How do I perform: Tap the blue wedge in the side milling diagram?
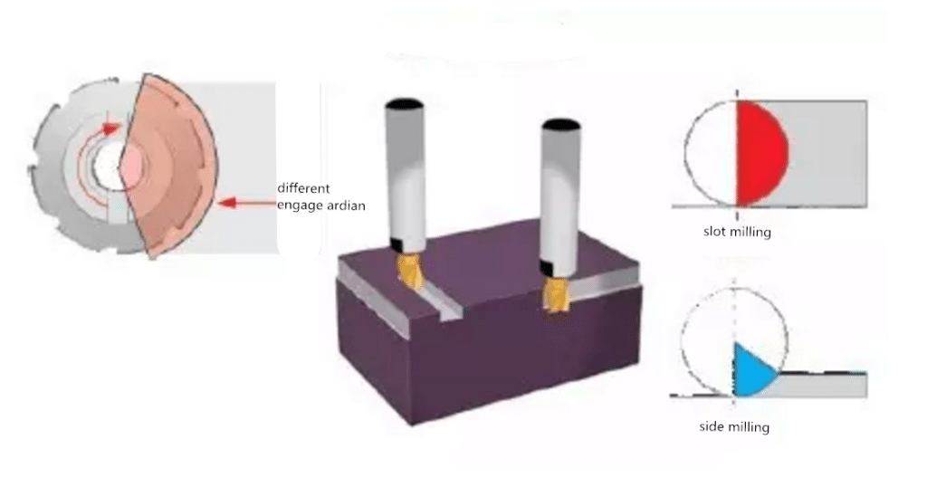[750, 371]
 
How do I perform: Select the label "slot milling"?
[737, 232]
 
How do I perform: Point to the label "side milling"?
[735, 426]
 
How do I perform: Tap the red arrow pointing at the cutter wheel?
[245, 203]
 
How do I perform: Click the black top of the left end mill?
[405, 103]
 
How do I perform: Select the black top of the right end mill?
[559, 123]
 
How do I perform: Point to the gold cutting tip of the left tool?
[411, 271]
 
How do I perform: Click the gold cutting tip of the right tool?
[554, 293]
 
